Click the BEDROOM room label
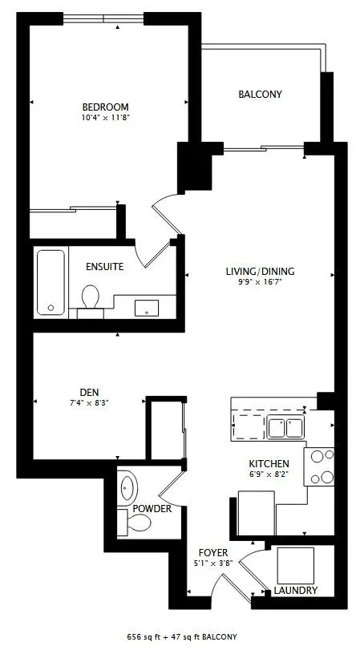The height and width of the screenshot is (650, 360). coord(105,107)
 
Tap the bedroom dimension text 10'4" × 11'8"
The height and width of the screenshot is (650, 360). coord(105,118)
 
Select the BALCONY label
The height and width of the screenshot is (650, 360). coord(260,95)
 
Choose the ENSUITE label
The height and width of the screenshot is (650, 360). coord(105,266)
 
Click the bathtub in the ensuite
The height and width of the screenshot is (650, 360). coord(51,282)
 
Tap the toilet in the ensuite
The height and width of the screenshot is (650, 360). coord(91,297)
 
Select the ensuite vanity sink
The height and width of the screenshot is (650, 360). coord(147,306)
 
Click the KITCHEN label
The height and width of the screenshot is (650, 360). coord(269,464)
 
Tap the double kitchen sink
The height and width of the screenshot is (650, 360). coord(285,427)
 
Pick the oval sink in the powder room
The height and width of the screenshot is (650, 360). coord(128,486)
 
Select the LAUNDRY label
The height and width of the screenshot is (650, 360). coord(295,591)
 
